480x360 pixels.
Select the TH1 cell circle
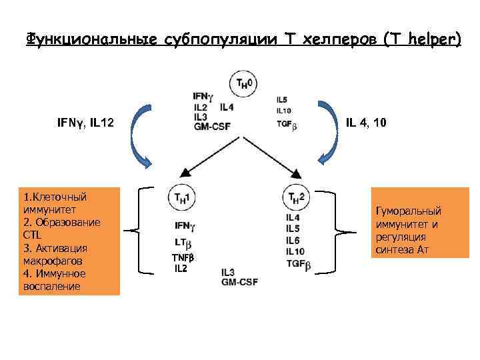(181, 197)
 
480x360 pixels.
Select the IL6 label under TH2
(293, 240)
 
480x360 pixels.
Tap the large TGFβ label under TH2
(298, 263)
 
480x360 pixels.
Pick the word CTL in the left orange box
(31, 235)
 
